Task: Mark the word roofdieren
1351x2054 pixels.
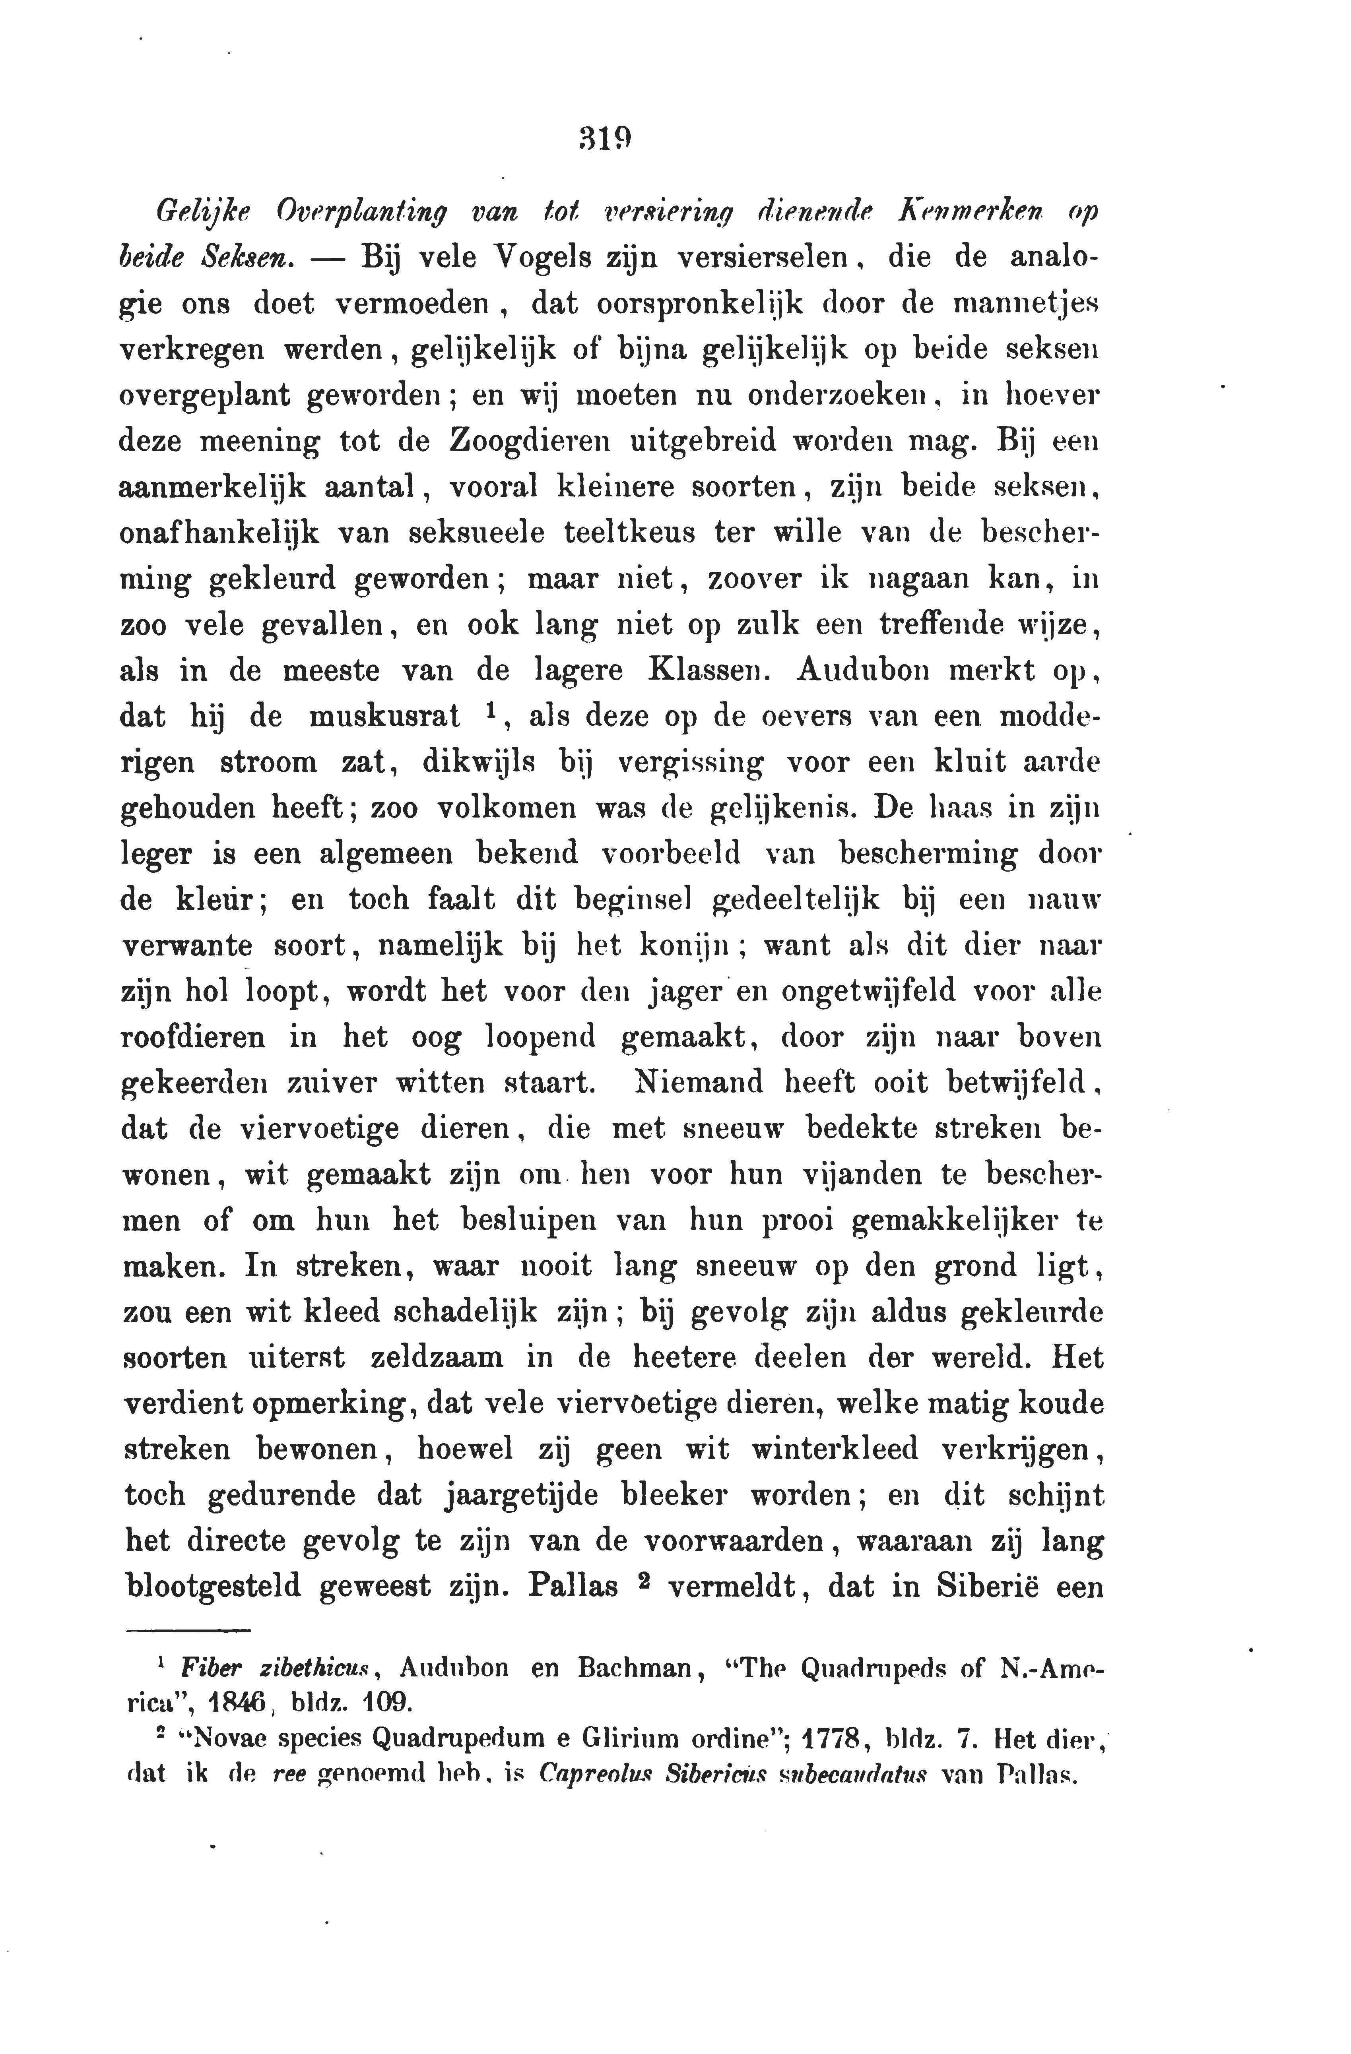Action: pyautogui.click(x=193, y=1037)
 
